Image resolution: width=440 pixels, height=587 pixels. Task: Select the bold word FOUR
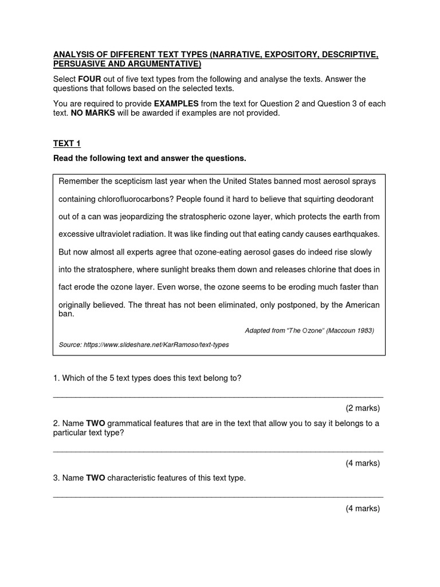(90, 79)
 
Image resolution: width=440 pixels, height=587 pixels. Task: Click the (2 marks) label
(362, 408)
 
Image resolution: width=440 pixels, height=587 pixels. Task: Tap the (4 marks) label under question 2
(362, 463)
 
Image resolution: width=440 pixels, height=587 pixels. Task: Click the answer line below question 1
(218, 396)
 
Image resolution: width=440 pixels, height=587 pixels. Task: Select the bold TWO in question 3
(96, 478)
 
